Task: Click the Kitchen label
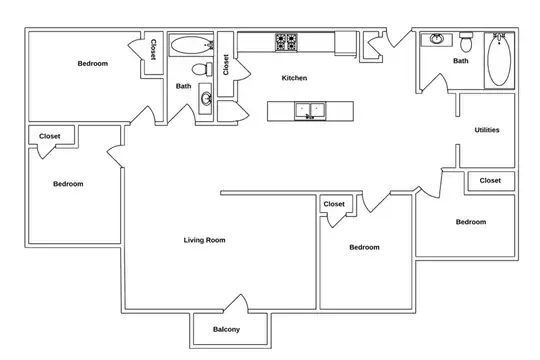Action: point(294,78)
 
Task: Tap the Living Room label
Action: point(204,240)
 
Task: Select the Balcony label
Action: point(226,329)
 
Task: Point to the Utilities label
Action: point(487,130)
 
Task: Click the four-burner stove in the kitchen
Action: point(286,42)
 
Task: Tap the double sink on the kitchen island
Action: point(310,111)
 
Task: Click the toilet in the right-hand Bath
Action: point(466,41)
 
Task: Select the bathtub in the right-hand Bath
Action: point(499,60)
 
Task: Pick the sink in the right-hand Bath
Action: point(437,39)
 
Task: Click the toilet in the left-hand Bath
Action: point(202,69)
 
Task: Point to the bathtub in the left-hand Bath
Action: point(191,45)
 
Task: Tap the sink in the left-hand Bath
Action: point(206,99)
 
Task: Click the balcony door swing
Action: point(237,303)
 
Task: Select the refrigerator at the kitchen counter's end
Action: point(345,43)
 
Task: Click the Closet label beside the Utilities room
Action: point(490,181)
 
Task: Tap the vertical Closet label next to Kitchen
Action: point(226,64)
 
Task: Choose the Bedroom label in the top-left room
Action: point(93,63)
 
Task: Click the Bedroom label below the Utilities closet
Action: point(471,222)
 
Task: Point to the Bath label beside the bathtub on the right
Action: point(460,61)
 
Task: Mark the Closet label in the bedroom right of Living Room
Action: point(334,204)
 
